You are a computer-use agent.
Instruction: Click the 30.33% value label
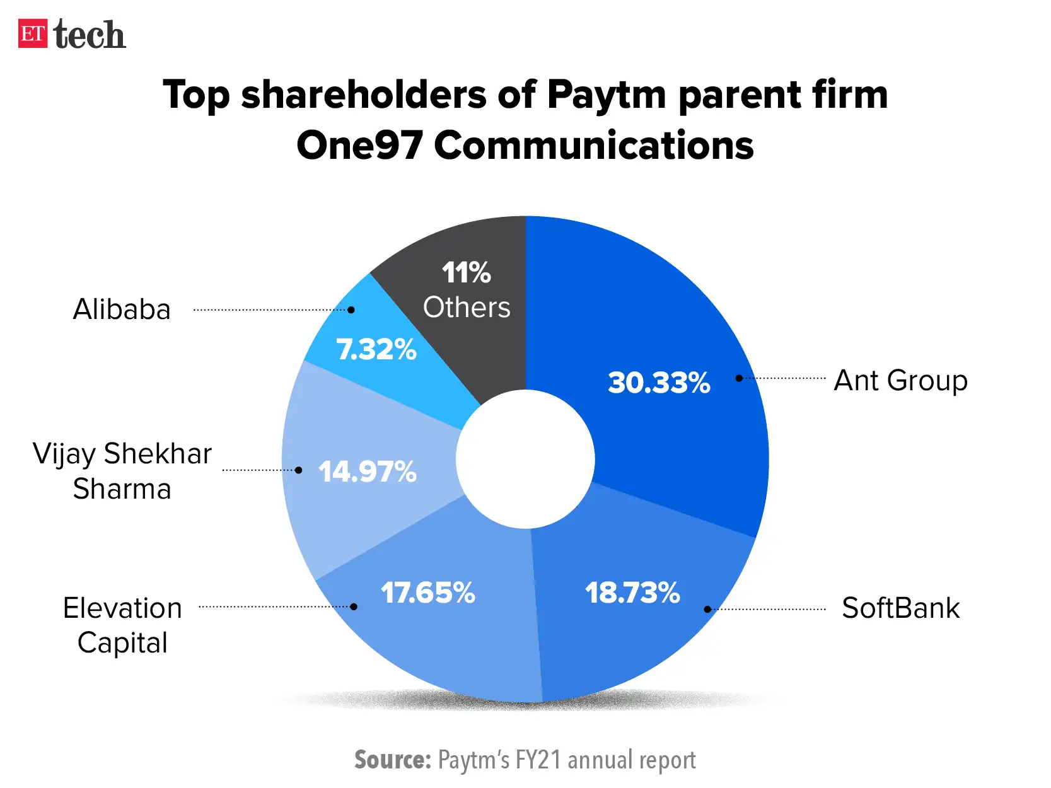pos(659,383)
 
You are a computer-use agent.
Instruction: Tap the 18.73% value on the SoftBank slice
pos(632,593)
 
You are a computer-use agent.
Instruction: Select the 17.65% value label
pos(427,593)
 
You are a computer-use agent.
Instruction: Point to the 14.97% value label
pos(367,472)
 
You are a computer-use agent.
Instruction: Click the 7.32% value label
pos(376,349)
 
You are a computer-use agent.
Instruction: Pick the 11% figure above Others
pos(466,273)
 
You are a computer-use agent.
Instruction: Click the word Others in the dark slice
pos(467,308)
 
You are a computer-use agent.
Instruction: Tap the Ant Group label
pos(900,381)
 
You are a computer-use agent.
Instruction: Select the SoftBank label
pos(900,608)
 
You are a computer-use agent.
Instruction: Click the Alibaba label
pos(122,310)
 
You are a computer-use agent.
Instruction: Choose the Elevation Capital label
pos(122,625)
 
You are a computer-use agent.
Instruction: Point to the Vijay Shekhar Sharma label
pos(122,471)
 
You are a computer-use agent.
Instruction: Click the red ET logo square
pos(33,34)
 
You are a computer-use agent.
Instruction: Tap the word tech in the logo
pos(90,35)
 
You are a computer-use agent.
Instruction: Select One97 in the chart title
pos(359,146)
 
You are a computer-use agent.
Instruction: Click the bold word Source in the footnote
pos(392,760)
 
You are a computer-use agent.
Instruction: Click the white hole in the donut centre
pos(525,459)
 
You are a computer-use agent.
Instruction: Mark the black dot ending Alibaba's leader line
pos(351,310)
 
